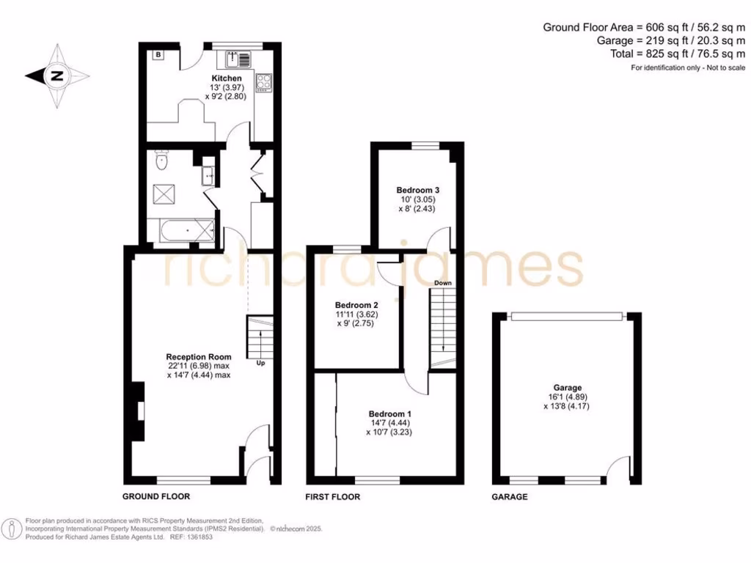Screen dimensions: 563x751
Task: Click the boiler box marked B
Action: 158,54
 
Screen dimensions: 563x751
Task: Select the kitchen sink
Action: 238,59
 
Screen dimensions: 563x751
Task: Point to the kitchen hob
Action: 263,82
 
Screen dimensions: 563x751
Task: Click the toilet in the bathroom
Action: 162,160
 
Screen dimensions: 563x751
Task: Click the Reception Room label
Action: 199,358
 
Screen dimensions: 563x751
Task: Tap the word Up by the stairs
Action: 260,363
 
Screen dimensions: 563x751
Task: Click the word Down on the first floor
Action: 442,283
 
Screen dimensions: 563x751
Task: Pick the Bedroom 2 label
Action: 356,305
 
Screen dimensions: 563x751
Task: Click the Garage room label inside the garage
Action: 568,388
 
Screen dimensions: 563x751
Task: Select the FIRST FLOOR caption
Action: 332,497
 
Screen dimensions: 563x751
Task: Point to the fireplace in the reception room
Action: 139,412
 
